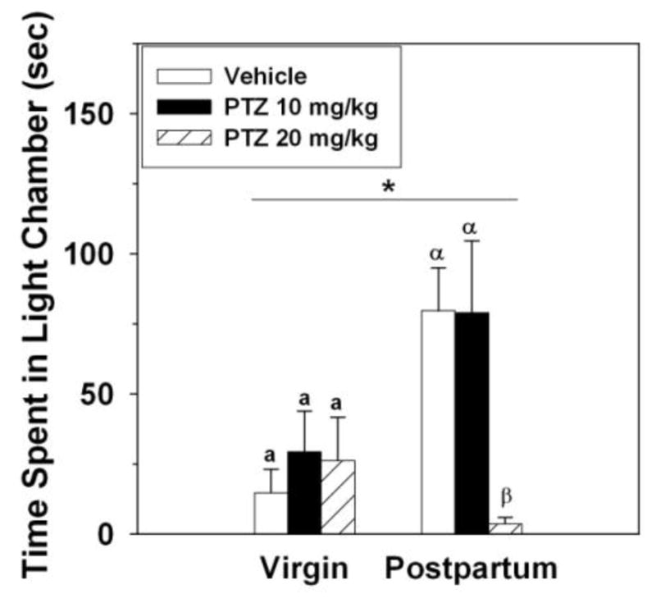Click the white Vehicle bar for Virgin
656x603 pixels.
270,514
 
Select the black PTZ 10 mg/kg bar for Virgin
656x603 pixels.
303,493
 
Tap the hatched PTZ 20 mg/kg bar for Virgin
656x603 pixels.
337,497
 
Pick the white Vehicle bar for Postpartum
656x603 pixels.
438,423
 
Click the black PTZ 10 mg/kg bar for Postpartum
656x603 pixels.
471,423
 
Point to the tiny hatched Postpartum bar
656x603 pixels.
505,528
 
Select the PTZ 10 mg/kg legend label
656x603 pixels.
300,108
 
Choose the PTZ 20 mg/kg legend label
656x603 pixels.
300,140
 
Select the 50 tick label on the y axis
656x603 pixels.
104,394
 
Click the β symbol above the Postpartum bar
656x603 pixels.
505,497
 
